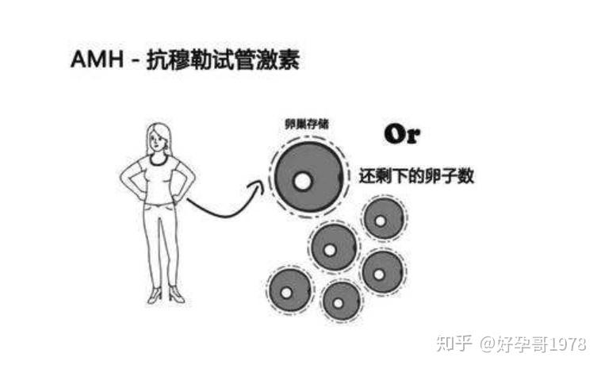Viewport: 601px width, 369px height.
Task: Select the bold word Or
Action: coord(402,134)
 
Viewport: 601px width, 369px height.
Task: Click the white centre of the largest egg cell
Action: coord(302,182)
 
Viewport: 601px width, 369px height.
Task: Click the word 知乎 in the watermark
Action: coord(453,344)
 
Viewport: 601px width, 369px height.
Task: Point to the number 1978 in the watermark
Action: coord(565,344)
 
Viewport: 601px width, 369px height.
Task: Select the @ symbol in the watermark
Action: coord(486,344)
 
